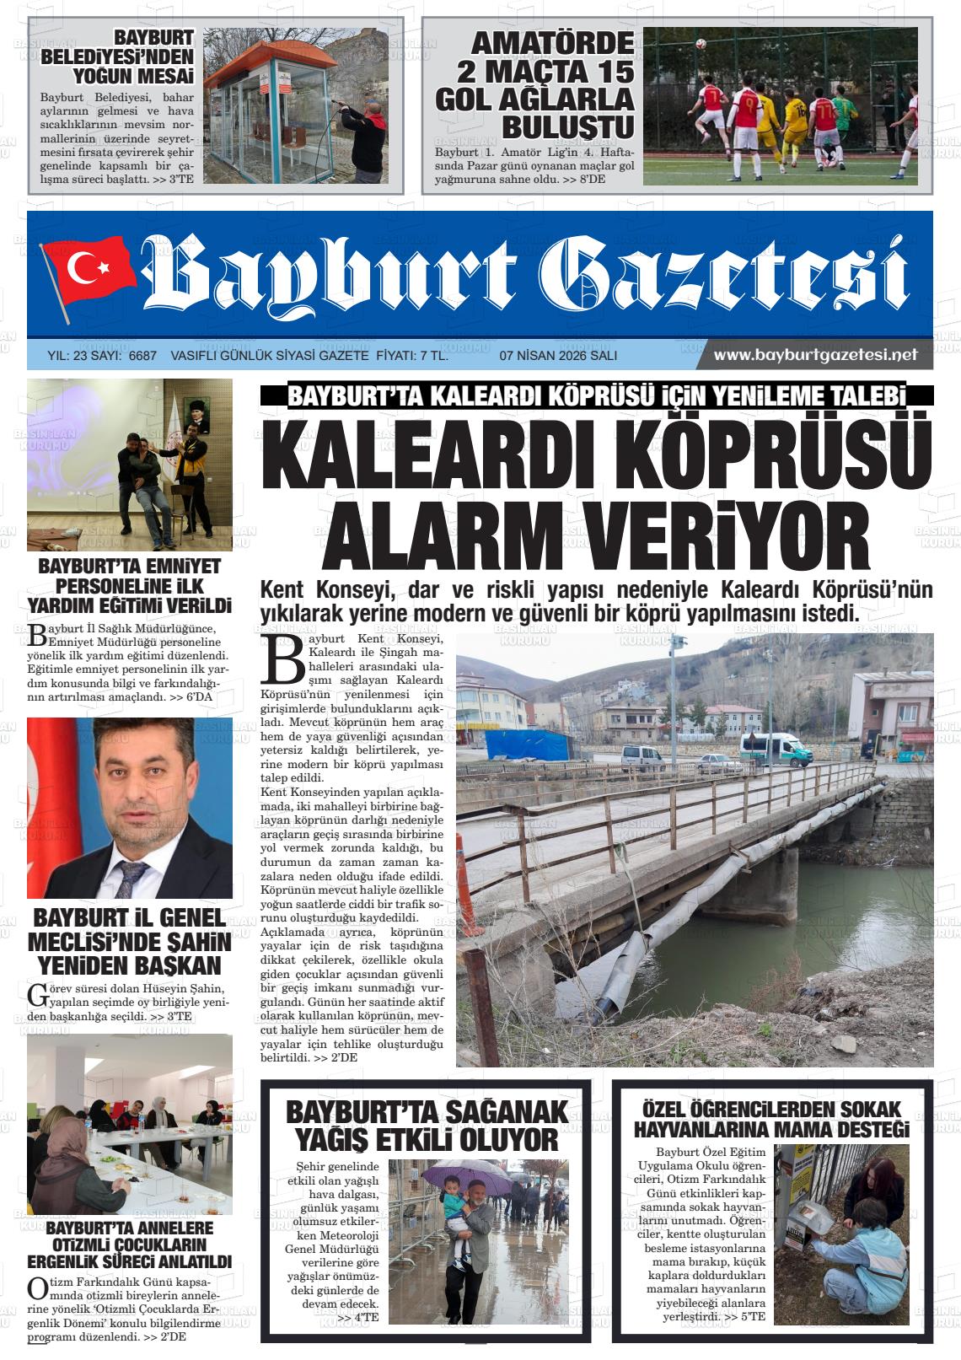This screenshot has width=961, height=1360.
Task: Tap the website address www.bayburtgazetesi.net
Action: point(815,355)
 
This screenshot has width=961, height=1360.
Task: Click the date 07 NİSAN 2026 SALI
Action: point(558,356)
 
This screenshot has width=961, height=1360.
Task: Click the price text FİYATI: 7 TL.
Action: point(411,356)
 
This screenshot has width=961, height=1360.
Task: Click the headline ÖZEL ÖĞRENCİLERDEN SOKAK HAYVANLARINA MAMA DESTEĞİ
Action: point(771,1119)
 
